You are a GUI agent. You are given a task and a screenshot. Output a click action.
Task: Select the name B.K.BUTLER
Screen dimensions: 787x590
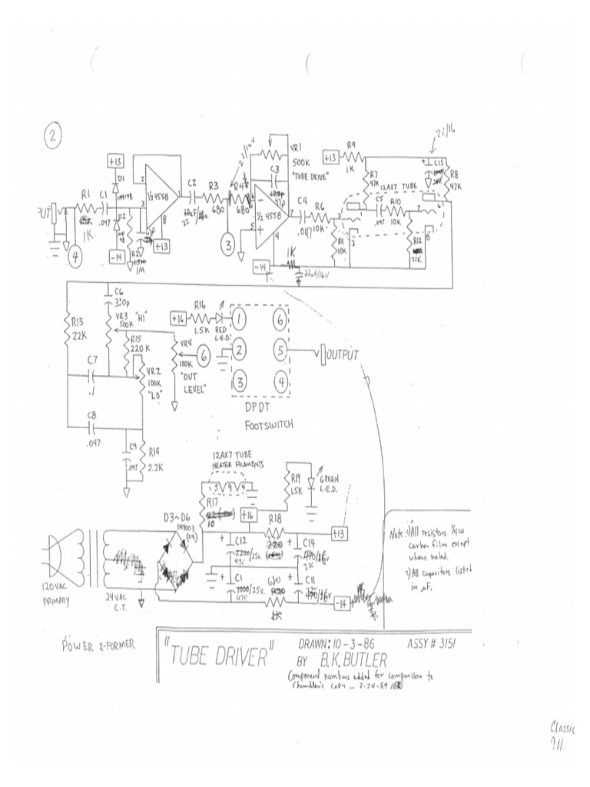click(x=362, y=660)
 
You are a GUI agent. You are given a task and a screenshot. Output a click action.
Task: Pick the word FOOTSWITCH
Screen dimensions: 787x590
click(x=270, y=423)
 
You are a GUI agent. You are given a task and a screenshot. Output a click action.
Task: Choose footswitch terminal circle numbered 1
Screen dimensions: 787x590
click(x=241, y=317)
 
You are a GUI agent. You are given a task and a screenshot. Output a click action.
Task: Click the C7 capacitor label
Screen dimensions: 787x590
click(x=92, y=360)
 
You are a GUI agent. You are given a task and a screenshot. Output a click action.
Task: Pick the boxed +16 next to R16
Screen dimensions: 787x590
click(x=177, y=317)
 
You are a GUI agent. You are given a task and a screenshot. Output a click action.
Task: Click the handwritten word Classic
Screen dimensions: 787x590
click(x=564, y=728)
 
